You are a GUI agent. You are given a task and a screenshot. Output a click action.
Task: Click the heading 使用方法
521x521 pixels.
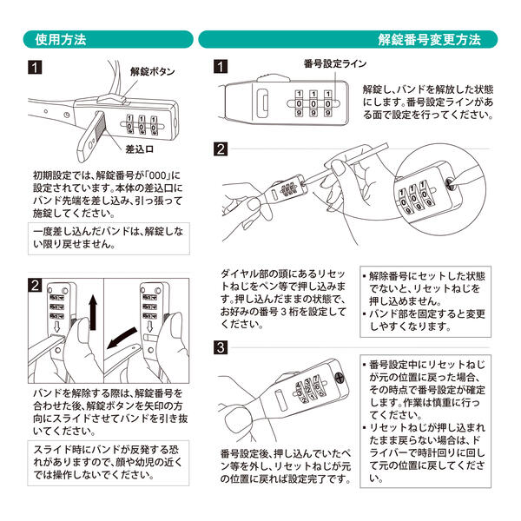tap(61, 40)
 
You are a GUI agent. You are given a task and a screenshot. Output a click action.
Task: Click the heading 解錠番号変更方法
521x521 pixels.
tap(429, 40)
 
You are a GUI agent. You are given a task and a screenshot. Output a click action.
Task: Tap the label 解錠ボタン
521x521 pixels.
tap(152, 71)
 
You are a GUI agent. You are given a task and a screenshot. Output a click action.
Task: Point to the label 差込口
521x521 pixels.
tap(140, 149)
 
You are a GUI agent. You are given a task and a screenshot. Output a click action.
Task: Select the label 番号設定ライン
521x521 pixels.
tap(335, 63)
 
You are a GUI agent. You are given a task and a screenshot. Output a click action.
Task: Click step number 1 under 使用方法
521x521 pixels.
tap(35, 68)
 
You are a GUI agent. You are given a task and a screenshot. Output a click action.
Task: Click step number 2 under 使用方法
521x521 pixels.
tap(36, 286)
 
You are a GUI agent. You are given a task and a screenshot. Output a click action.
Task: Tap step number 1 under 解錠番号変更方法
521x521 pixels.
tap(221, 67)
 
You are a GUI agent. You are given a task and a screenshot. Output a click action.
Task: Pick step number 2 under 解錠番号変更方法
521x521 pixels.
tap(221, 149)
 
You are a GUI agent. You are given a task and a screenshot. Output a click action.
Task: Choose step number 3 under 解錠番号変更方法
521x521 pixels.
tap(221, 347)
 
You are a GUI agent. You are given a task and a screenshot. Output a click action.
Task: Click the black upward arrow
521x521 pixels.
tap(93, 312)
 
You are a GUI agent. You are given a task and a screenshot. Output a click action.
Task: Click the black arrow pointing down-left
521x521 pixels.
tap(122, 338)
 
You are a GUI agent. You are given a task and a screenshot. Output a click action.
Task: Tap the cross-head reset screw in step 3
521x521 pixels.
tap(340, 378)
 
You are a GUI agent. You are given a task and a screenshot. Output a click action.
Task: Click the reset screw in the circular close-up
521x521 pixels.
tap(449, 183)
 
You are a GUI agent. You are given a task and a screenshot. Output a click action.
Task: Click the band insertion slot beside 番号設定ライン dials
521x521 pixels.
tap(263, 103)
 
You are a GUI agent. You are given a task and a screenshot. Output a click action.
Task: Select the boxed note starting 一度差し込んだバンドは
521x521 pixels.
tap(109, 239)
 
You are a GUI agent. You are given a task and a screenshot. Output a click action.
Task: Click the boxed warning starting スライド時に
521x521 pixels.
tap(109, 463)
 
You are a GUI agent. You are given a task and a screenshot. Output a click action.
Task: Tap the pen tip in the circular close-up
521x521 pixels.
tap(452, 183)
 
